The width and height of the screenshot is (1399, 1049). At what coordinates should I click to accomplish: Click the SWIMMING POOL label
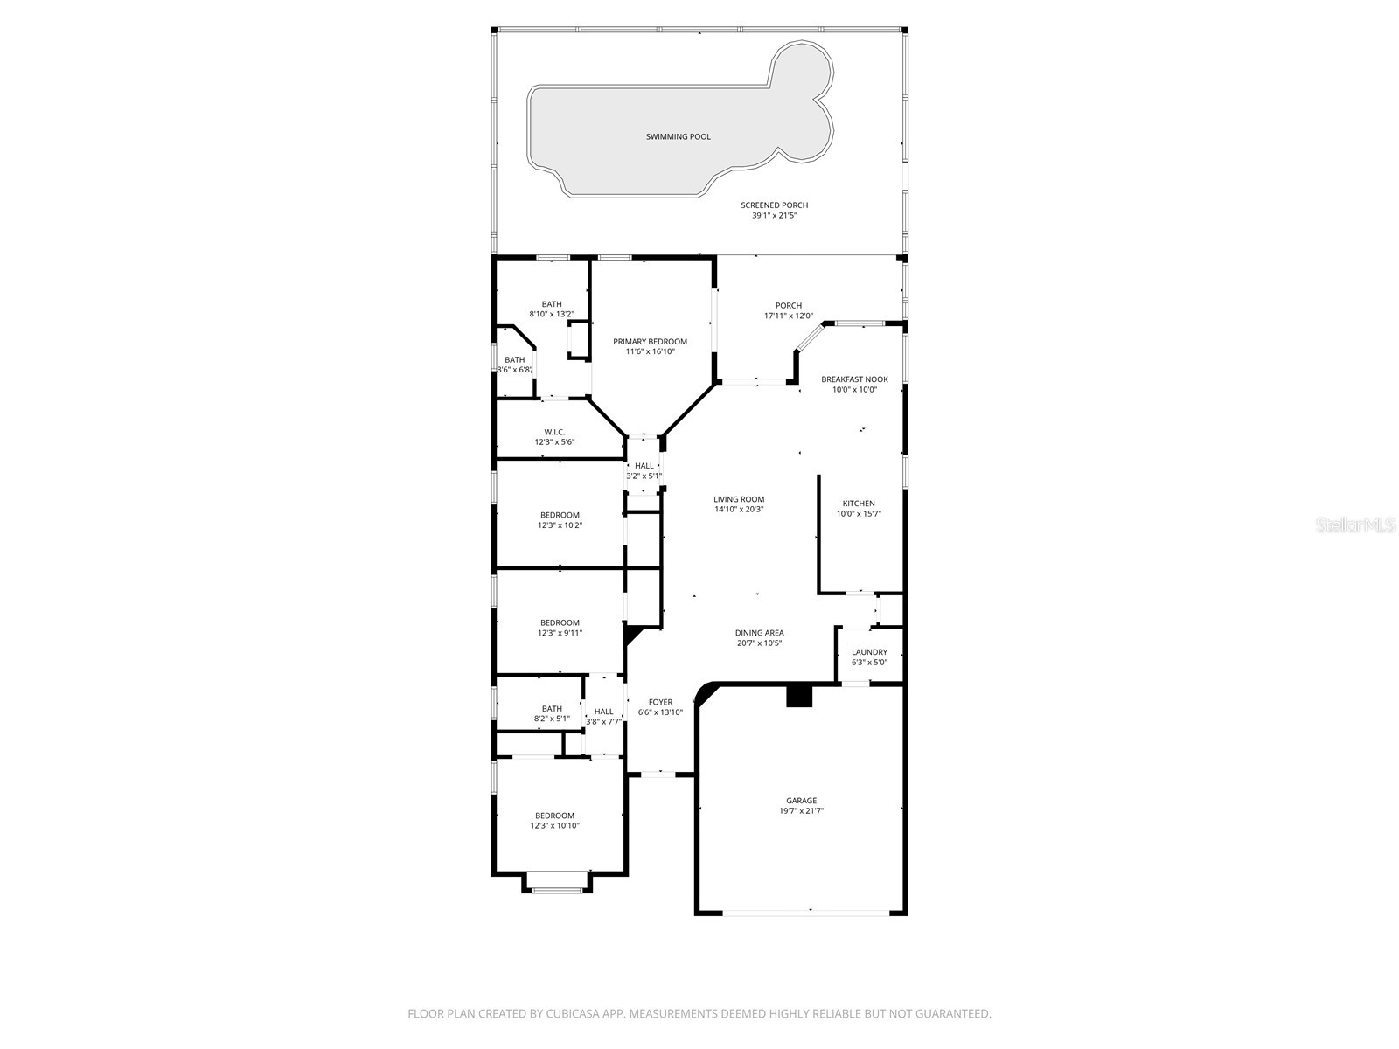(x=678, y=137)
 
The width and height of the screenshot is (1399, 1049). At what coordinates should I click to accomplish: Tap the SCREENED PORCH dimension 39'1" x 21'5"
(x=774, y=216)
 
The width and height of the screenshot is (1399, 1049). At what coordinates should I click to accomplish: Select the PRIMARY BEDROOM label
(x=650, y=342)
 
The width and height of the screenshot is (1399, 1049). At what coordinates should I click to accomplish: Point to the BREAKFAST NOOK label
(x=854, y=379)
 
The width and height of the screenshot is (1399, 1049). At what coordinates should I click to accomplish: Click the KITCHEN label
(x=858, y=504)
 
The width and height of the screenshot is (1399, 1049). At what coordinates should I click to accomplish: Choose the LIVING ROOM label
(x=739, y=500)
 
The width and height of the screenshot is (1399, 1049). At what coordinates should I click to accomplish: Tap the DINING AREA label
(x=759, y=633)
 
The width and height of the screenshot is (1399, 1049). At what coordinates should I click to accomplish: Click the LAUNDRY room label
(x=869, y=652)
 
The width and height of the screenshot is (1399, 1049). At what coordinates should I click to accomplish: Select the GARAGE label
(x=801, y=801)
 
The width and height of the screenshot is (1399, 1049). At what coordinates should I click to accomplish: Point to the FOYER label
(x=660, y=702)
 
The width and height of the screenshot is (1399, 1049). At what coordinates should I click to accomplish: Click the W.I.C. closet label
(x=554, y=432)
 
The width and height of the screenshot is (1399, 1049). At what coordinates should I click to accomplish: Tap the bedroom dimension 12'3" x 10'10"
(x=554, y=826)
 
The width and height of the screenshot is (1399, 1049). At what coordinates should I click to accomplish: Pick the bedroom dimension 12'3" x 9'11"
(x=560, y=633)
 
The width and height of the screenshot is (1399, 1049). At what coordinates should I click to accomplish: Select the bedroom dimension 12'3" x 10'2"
(x=560, y=525)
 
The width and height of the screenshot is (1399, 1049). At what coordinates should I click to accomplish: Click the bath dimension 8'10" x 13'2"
(x=552, y=315)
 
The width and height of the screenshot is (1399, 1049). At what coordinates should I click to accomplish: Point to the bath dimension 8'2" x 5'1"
(x=552, y=719)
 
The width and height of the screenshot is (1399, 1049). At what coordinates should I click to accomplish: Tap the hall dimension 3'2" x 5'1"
(x=644, y=476)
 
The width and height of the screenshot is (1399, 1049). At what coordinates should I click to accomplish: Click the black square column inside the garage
(x=799, y=696)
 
